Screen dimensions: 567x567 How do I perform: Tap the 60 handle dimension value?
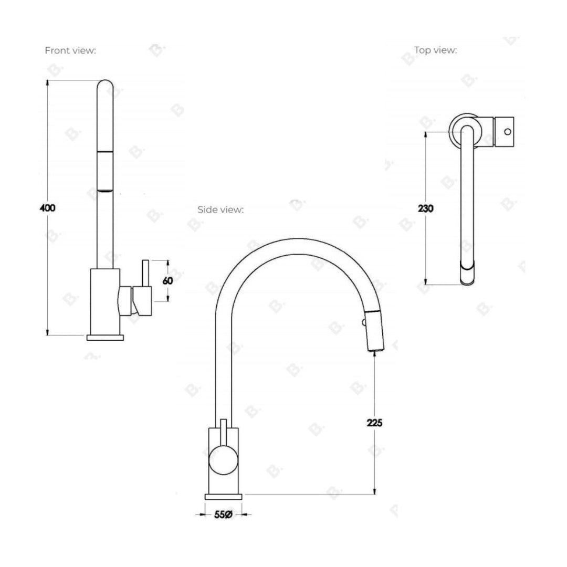tap(167, 280)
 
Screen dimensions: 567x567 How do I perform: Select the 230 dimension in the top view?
tap(426, 208)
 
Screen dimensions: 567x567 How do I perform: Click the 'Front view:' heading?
tap(70, 51)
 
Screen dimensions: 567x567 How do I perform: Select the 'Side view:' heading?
tap(220, 209)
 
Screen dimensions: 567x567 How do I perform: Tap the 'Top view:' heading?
tap(435, 50)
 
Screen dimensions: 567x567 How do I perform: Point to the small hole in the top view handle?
tap(507, 131)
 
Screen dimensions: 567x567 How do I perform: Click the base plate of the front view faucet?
tap(105, 337)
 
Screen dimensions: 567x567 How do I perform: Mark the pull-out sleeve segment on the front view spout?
tap(105, 171)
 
